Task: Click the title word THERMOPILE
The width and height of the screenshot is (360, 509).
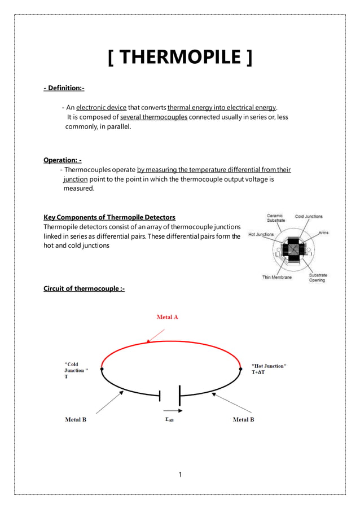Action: (x=180, y=58)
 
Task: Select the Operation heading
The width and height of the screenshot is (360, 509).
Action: (x=63, y=160)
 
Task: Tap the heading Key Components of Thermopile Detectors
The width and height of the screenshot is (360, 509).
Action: (x=109, y=217)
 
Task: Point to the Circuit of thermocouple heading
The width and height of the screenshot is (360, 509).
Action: (x=84, y=289)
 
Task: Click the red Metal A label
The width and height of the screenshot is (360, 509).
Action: (x=167, y=317)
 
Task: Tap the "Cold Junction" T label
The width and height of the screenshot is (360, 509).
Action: (x=77, y=370)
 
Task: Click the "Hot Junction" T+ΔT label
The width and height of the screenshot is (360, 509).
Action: (x=269, y=369)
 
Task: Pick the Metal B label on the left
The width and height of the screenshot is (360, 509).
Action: (x=76, y=419)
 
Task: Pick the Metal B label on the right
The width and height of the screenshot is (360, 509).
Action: (x=244, y=419)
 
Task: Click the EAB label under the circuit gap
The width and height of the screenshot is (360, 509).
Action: (x=169, y=420)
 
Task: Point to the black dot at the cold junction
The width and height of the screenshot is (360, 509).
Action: (x=102, y=368)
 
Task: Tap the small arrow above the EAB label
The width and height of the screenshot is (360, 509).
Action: (x=168, y=411)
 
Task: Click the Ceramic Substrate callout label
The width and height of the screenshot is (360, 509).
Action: (x=275, y=218)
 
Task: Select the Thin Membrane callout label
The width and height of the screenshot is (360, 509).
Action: (x=277, y=277)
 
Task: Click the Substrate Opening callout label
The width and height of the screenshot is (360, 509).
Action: (x=318, y=278)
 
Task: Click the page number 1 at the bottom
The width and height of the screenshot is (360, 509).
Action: (x=179, y=475)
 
